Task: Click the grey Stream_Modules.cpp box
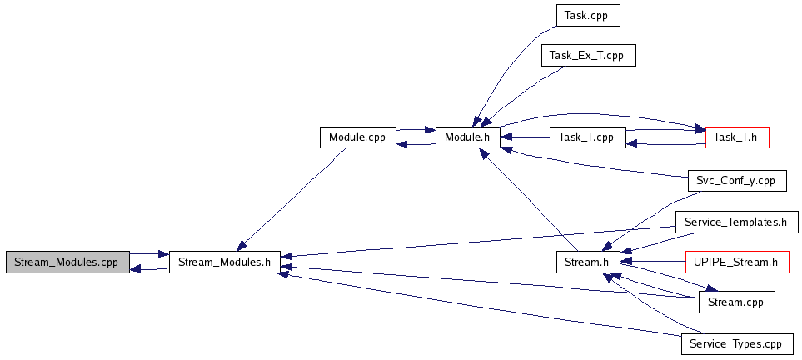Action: click(67, 262)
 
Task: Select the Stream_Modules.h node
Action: click(225, 262)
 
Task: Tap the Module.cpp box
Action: click(358, 137)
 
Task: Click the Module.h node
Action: click(467, 137)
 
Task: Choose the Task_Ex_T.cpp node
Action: click(588, 56)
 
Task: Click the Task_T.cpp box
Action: click(587, 137)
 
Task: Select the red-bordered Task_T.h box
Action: click(736, 137)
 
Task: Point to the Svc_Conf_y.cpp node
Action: click(736, 180)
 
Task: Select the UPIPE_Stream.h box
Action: click(736, 262)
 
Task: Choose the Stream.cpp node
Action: click(736, 302)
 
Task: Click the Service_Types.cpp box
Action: click(736, 343)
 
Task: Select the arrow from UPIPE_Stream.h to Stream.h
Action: click(658, 262)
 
